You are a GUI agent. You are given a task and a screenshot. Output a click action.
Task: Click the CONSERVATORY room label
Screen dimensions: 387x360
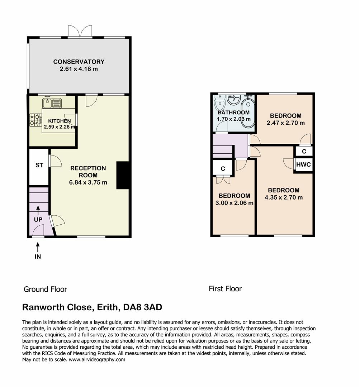[79, 62]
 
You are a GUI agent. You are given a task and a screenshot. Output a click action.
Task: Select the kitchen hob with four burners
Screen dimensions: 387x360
[35, 120]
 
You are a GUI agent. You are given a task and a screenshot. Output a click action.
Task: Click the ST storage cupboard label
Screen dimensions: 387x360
[39, 165]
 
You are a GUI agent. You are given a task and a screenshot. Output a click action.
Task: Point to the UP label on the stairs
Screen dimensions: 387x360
[38, 219]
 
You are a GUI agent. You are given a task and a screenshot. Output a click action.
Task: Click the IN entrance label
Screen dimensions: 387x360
[38, 257]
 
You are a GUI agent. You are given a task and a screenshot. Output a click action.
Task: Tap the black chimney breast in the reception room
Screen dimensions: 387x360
[122, 175]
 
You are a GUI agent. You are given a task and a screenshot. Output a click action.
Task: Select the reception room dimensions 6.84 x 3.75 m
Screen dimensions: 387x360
[88, 182]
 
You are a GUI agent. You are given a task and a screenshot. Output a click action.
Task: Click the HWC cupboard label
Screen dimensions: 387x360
[303, 165]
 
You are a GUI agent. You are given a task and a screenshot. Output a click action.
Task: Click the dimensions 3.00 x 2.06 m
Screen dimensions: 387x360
[235, 203]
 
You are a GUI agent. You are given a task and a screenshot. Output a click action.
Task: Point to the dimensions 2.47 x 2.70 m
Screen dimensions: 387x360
[285, 123]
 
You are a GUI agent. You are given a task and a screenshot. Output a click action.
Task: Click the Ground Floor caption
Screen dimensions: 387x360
[45, 289]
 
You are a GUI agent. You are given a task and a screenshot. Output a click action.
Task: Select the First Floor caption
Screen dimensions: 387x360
[225, 288]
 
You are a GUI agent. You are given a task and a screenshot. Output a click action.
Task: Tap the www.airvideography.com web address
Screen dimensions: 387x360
[97, 360]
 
